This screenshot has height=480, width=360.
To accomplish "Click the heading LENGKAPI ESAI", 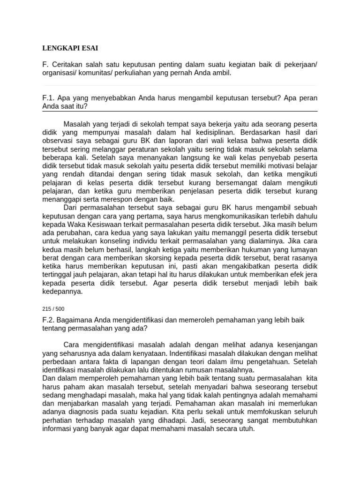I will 70,48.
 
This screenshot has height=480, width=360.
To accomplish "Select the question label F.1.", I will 48,98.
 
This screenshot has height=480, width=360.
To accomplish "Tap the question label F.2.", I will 48,320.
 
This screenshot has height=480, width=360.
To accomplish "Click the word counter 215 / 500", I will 53,309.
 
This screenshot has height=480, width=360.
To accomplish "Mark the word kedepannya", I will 62,291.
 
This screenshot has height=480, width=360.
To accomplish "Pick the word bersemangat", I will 223,182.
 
